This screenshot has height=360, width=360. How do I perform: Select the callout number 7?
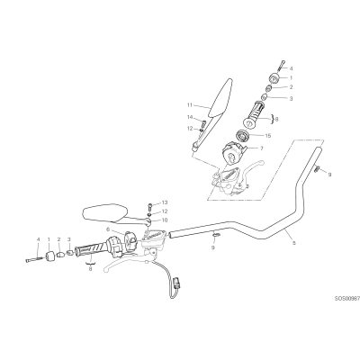[261, 148]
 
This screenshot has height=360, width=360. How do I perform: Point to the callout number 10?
[165, 220]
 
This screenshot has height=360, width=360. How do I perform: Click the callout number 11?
[189, 105]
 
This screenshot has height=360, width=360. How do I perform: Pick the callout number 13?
[165, 202]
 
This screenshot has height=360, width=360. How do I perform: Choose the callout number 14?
[190, 117]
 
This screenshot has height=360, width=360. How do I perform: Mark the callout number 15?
[268, 136]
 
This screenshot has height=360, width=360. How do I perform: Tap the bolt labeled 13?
[150, 206]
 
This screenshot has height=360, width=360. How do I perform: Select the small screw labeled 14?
[203, 122]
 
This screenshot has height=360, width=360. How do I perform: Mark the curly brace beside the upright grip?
[272, 119]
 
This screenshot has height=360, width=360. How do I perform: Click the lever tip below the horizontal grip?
[105, 268]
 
